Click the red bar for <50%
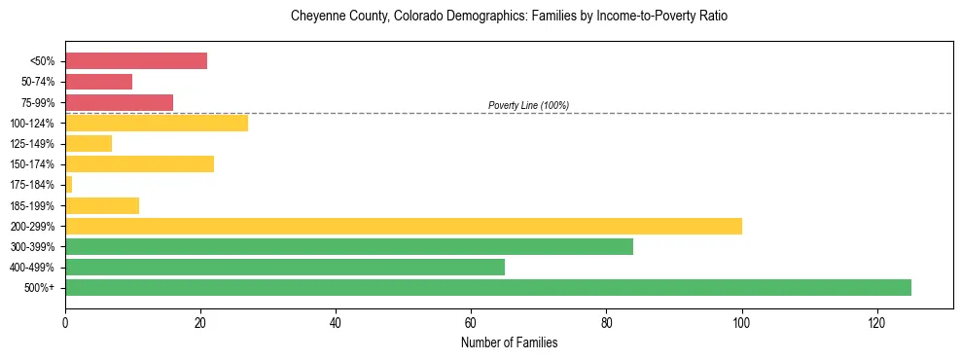point(136,61)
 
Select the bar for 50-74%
point(98,82)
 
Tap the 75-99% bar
point(119,102)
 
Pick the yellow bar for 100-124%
point(156,123)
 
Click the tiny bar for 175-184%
point(68,185)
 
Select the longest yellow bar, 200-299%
point(404,226)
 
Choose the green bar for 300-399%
point(349,246)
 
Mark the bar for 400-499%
point(285,267)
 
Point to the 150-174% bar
point(139,163)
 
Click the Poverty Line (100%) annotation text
point(528,105)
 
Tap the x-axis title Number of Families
point(509,342)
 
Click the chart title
point(509,17)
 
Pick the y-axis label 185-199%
point(33,206)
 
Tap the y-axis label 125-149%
point(33,144)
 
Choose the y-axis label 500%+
point(40,288)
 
